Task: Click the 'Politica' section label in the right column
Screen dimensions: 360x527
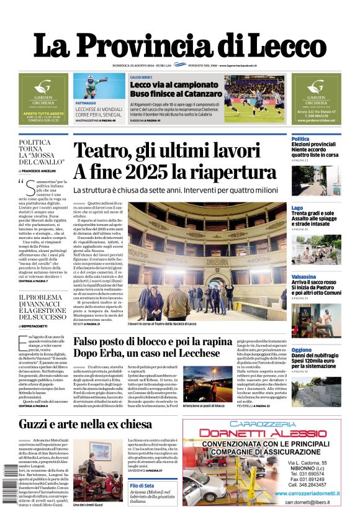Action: [x=300, y=139]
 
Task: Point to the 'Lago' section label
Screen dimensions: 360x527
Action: [x=297, y=208]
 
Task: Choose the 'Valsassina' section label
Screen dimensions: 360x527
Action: [x=304, y=277]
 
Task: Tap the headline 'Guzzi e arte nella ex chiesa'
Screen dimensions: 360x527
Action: [x=85, y=425]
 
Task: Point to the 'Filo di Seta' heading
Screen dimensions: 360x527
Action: [x=142, y=485]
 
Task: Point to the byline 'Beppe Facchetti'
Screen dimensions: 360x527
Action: [x=40, y=326]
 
